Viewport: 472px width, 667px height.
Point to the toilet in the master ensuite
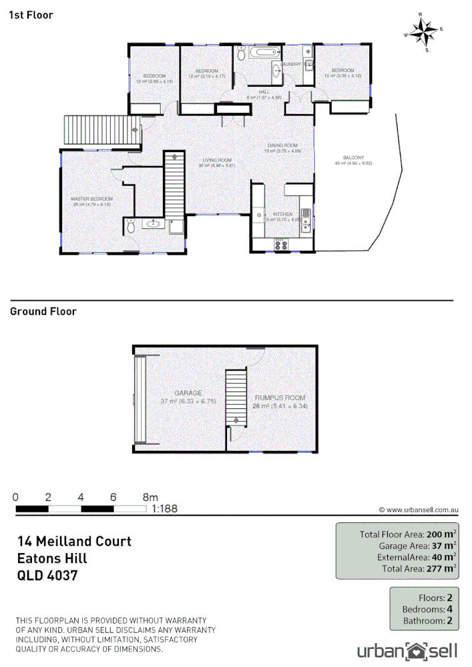pyautogui.click(x=131, y=227)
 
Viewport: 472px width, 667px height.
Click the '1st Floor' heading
pyautogui.click(x=31, y=15)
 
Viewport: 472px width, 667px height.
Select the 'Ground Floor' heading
pyautogui.click(x=43, y=311)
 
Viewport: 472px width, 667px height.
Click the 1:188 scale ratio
pyautogui.click(x=164, y=509)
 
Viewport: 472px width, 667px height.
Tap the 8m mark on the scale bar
pyautogui.click(x=150, y=497)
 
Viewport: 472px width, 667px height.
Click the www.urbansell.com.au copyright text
pyautogui.click(x=417, y=510)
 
